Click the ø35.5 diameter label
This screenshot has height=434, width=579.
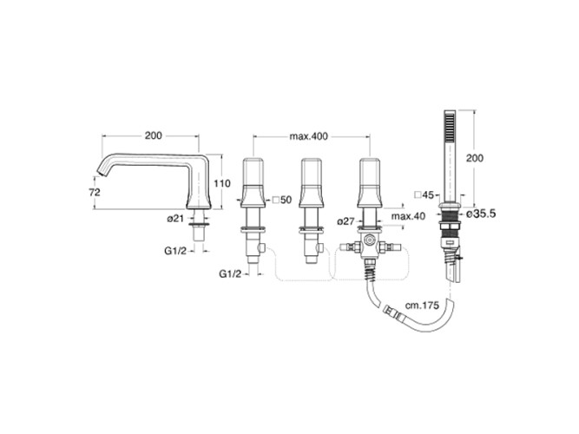480,212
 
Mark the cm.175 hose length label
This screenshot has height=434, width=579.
421,306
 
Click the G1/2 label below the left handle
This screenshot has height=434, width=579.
229,273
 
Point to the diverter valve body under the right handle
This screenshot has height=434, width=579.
371,246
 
